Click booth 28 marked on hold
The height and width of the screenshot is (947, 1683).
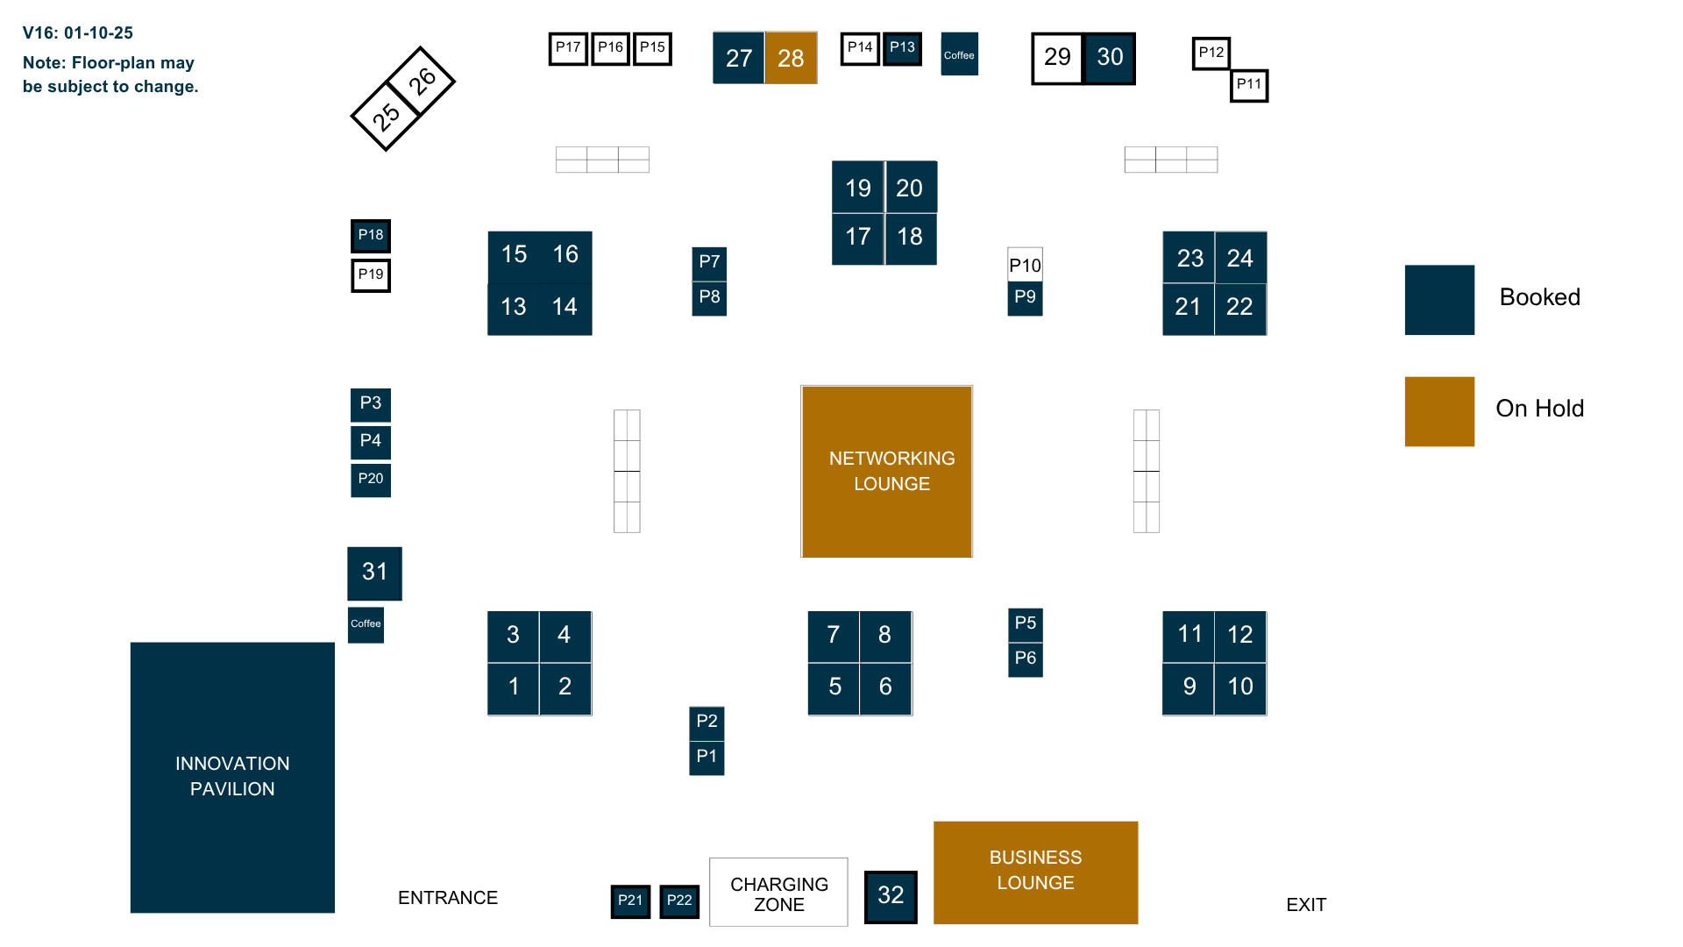click(x=791, y=58)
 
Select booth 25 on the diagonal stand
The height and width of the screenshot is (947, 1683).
click(x=386, y=116)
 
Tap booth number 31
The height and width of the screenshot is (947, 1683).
click(x=374, y=573)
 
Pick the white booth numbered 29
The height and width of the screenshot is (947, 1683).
click(x=1057, y=58)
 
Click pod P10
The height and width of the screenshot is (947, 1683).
click(x=1025, y=265)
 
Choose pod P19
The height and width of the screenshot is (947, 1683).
click(x=371, y=275)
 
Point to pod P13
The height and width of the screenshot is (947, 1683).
click(x=902, y=48)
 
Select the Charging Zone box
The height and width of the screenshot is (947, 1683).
click(x=778, y=893)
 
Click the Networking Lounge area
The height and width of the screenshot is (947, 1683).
click(x=886, y=471)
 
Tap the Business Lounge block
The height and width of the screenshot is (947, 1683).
click(x=1035, y=872)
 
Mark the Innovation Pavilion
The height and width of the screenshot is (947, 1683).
click(x=232, y=777)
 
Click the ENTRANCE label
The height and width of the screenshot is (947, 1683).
click(x=448, y=898)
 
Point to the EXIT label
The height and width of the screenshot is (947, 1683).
click(x=1306, y=905)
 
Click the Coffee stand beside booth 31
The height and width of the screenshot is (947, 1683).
click(x=366, y=624)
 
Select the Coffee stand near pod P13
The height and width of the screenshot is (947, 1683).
click(x=959, y=54)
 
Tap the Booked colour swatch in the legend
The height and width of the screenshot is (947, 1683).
click(x=1439, y=300)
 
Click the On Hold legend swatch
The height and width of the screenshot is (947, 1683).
click(x=1439, y=411)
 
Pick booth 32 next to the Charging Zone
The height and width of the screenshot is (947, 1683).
click(x=891, y=896)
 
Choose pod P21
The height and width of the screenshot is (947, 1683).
click(x=630, y=901)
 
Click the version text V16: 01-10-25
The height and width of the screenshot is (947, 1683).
click(x=78, y=33)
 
